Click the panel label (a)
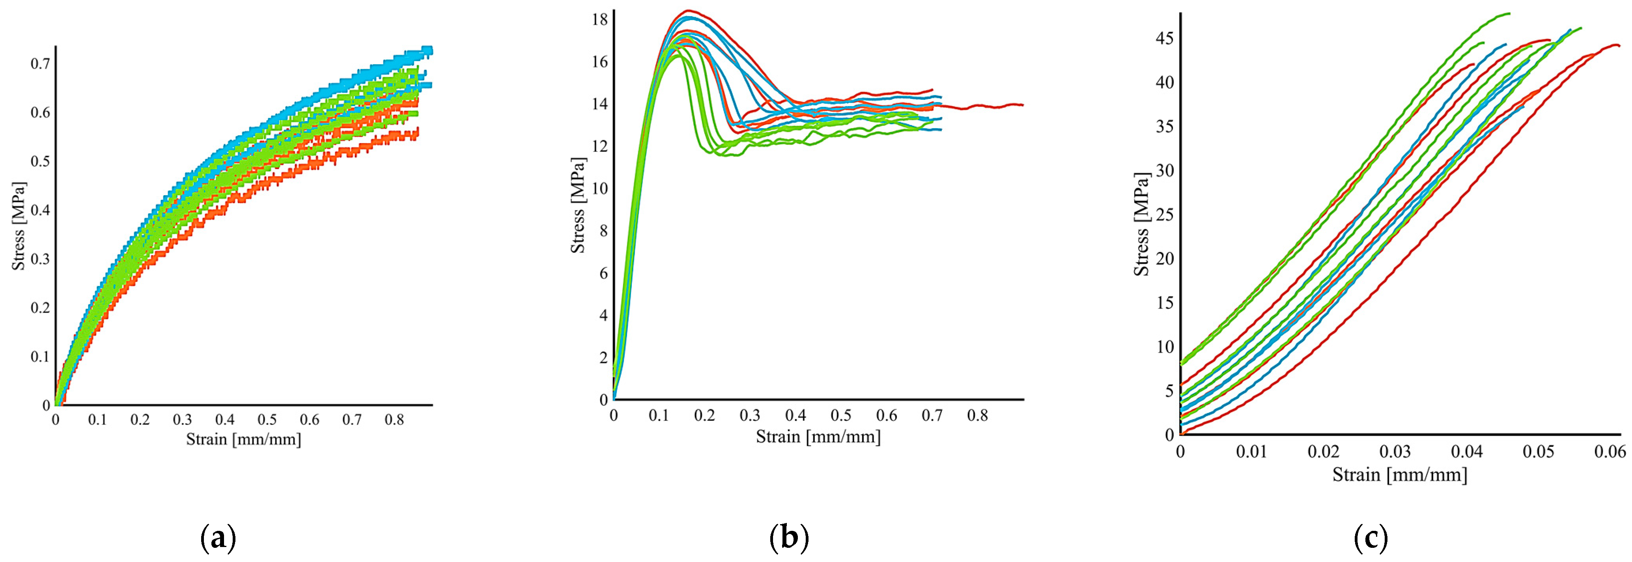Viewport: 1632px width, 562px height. coord(218,539)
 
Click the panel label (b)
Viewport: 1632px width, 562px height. coord(789,539)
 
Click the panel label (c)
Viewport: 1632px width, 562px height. coord(1371,539)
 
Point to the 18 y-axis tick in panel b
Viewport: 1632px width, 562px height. coord(599,20)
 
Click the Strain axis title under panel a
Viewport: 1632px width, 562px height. coord(243,439)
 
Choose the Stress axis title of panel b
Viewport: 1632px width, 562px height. coord(578,205)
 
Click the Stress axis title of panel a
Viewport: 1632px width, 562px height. coord(19,226)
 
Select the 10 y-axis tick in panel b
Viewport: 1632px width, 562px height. coord(599,188)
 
